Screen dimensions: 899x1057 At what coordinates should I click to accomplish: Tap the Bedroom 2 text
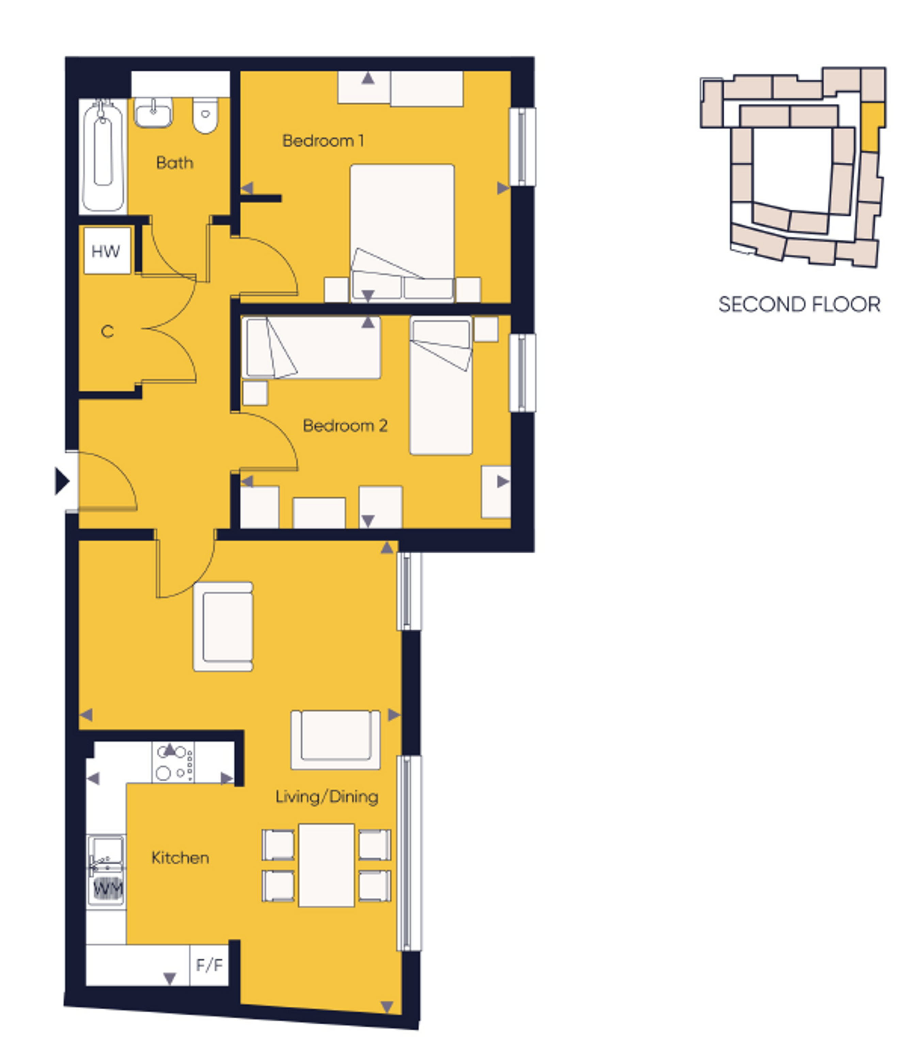(345, 425)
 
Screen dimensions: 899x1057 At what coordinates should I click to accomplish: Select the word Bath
(175, 163)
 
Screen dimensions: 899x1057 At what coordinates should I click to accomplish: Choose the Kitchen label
(180, 858)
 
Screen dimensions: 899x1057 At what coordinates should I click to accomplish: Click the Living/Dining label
(327, 797)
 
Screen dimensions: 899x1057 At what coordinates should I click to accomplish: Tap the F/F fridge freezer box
(209, 965)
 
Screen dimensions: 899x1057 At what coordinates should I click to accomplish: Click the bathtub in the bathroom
(103, 156)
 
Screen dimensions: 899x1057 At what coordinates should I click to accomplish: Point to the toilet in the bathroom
(205, 116)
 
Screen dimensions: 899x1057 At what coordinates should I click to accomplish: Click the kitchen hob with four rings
(173, 762)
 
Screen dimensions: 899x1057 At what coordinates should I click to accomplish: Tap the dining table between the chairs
(326, 865)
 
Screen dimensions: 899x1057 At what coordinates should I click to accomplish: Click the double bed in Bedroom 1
(402, 232)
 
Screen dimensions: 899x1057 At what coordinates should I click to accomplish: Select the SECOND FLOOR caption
(799, 305)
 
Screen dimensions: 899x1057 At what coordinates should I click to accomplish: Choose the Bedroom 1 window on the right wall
(522, 147)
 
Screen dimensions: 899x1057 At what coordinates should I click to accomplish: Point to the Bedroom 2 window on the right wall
(522, 373)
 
